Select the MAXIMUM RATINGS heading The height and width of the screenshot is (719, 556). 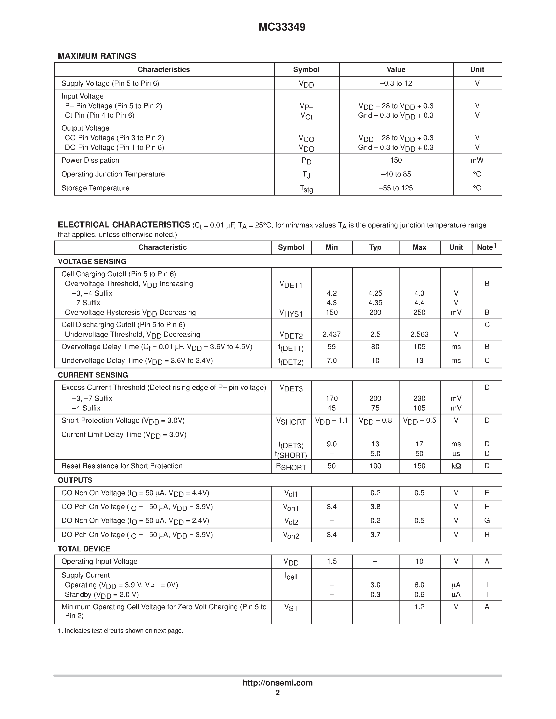pos(97,56)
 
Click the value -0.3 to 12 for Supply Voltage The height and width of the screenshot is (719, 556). pos(396,83)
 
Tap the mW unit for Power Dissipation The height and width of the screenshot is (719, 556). pos(477,160)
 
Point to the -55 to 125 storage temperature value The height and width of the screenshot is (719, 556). pos(396,188)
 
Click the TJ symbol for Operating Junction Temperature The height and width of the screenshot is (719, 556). pos(306,174)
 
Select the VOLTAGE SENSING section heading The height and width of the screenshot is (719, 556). pos(92,261)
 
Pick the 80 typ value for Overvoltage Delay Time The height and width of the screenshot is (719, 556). pos(375,347)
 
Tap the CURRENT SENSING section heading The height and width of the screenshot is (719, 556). pos(93,375)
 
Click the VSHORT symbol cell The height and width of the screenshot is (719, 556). pos(291,421)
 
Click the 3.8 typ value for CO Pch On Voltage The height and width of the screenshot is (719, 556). pos(375,507)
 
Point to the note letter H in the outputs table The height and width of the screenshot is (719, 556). pos(487,535)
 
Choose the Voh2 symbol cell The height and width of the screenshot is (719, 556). pos(291,535)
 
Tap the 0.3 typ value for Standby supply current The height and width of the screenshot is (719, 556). pos(375,595)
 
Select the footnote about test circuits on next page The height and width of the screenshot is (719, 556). pos(121,631)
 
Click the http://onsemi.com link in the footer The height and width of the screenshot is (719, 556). pos(277,683)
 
